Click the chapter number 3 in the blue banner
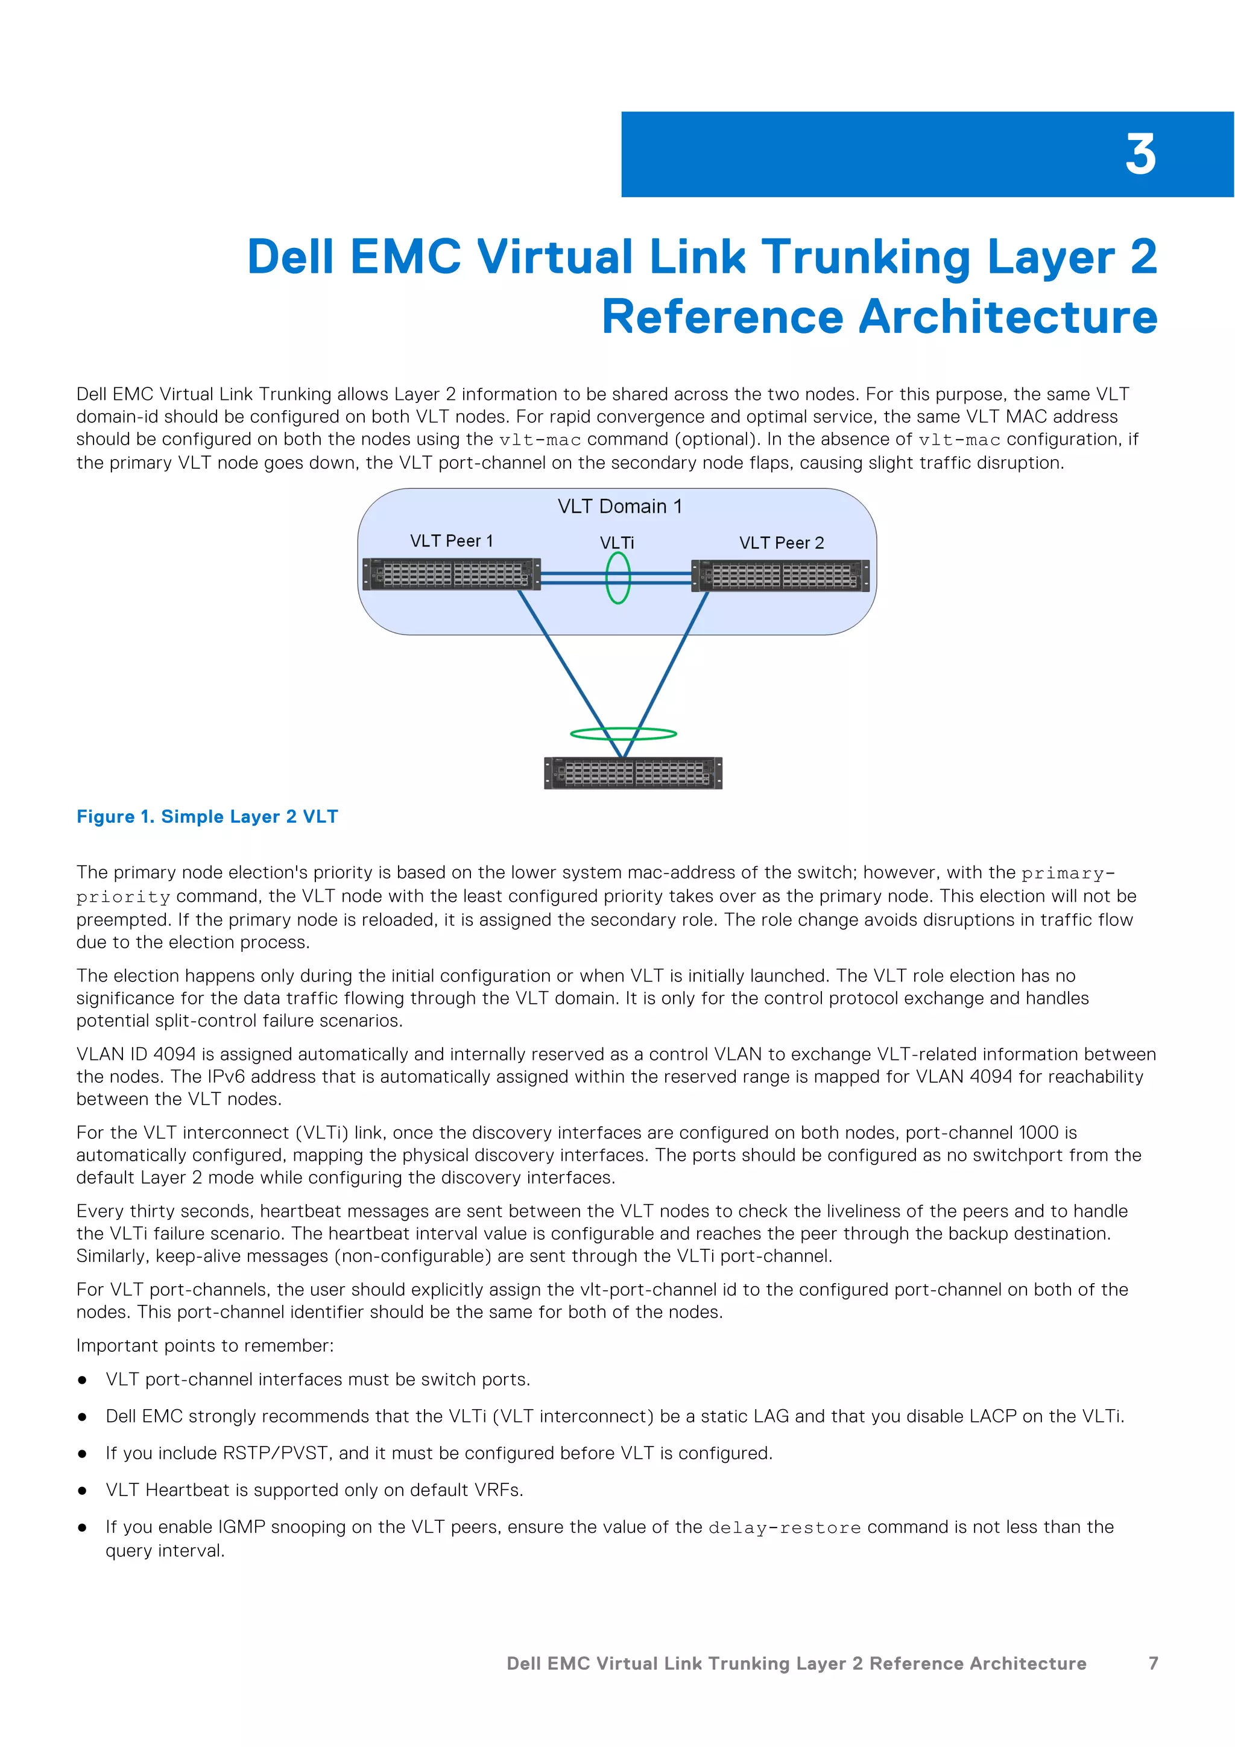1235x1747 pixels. click(1140, 155)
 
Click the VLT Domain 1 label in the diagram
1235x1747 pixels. click(620, 507)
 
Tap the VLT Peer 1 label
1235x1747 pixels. click(452, 541)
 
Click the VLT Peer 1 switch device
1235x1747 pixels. click(452, 574)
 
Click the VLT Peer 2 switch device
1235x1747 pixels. click(780, 576)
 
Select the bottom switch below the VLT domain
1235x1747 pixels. click(633, 773)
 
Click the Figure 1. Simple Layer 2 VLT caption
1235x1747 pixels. click(207, 816)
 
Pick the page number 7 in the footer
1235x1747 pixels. click(1153, 1663)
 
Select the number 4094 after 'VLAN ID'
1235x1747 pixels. click(175, 1054)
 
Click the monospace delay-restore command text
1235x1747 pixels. click(784, 1528)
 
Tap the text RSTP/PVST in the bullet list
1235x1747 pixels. click(277, 1453)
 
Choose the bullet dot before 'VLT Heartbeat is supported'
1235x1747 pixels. click(82, 1491)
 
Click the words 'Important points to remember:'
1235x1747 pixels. click(204, 1346)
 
